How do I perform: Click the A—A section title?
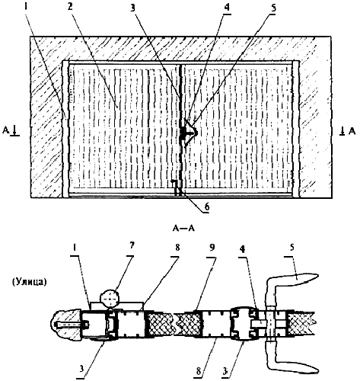(x=183, y=229)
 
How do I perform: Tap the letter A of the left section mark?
(x=6, y=130)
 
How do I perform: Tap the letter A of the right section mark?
(x=352, y=131)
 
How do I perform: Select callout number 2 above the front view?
(x=70, y=7)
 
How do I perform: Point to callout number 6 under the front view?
(x=207, y=207)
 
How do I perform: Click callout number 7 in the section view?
(x=132, y=245)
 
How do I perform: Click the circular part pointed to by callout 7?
(x=110, y=299)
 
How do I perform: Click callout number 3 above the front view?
(x=133, y=7)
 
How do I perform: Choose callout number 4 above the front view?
(x=227, y=7)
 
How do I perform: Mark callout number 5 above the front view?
(x=272, y=7)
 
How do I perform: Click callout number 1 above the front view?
(x=26, y=7)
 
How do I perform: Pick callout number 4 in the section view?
(x=243, y=250)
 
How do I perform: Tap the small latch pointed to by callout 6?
(x=176, y=187)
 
